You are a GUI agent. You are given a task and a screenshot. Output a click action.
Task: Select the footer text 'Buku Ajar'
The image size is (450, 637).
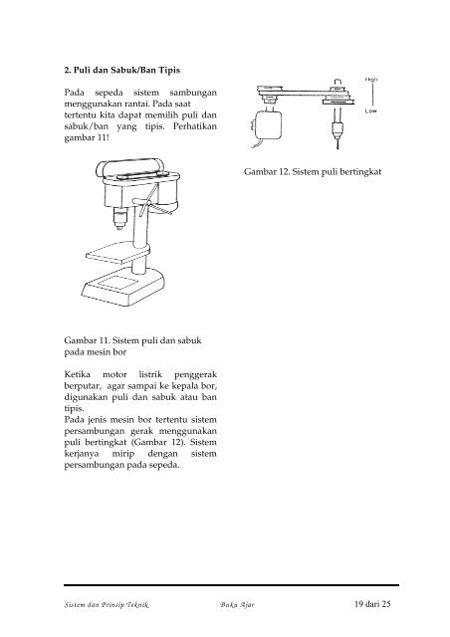click(x=236, y=604)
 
